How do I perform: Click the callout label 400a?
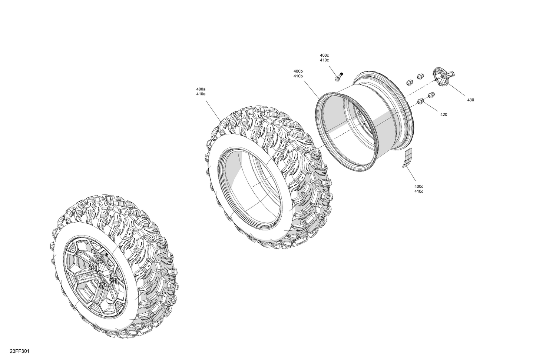tap(201, 89)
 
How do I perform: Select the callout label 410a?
tap(201, 94)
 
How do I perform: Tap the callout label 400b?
tap(298, 71)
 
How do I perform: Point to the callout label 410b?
tap(298, 76)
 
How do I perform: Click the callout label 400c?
tap(324, 55)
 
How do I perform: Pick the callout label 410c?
tap(324, 60)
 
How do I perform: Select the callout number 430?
tap(471, 100)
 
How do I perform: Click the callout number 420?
tap(444, 114)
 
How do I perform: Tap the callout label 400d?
tap(419, 186)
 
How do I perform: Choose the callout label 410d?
tap(419, 191)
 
